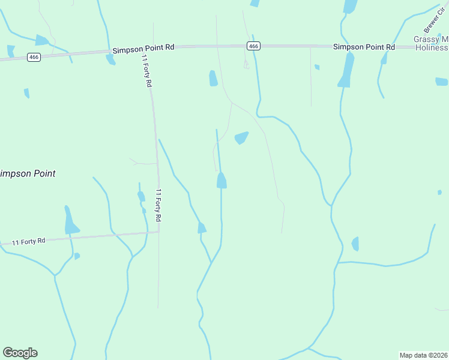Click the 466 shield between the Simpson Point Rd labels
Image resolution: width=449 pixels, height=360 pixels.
[x=253, y=46]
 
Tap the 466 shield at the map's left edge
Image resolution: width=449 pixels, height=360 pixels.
[x=34, y=57]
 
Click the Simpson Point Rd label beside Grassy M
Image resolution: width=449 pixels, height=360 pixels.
[x=364, y=46]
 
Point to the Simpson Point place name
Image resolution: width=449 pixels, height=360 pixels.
[x=27, y=173]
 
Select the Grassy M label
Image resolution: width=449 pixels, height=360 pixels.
[x=430, y=40]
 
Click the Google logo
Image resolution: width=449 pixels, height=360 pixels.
[x=20, y=353]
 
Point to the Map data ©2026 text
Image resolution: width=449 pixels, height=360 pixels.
[x=423, y=355]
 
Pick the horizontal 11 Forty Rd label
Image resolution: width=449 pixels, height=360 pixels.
[x=28, y=241]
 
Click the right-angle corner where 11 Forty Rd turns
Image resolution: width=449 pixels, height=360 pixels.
[x=159, y=232]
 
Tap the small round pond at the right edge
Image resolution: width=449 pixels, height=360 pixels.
[x=439, y=193]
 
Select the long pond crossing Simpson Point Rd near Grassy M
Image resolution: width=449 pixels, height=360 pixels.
[x=345, y=69]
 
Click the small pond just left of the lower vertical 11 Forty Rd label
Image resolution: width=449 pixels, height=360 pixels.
[x=141, y=196]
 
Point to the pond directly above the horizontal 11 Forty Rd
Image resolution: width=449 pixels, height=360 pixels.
[x=70, y=222]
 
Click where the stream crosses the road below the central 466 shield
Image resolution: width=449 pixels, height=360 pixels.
[x=255, y=46]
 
